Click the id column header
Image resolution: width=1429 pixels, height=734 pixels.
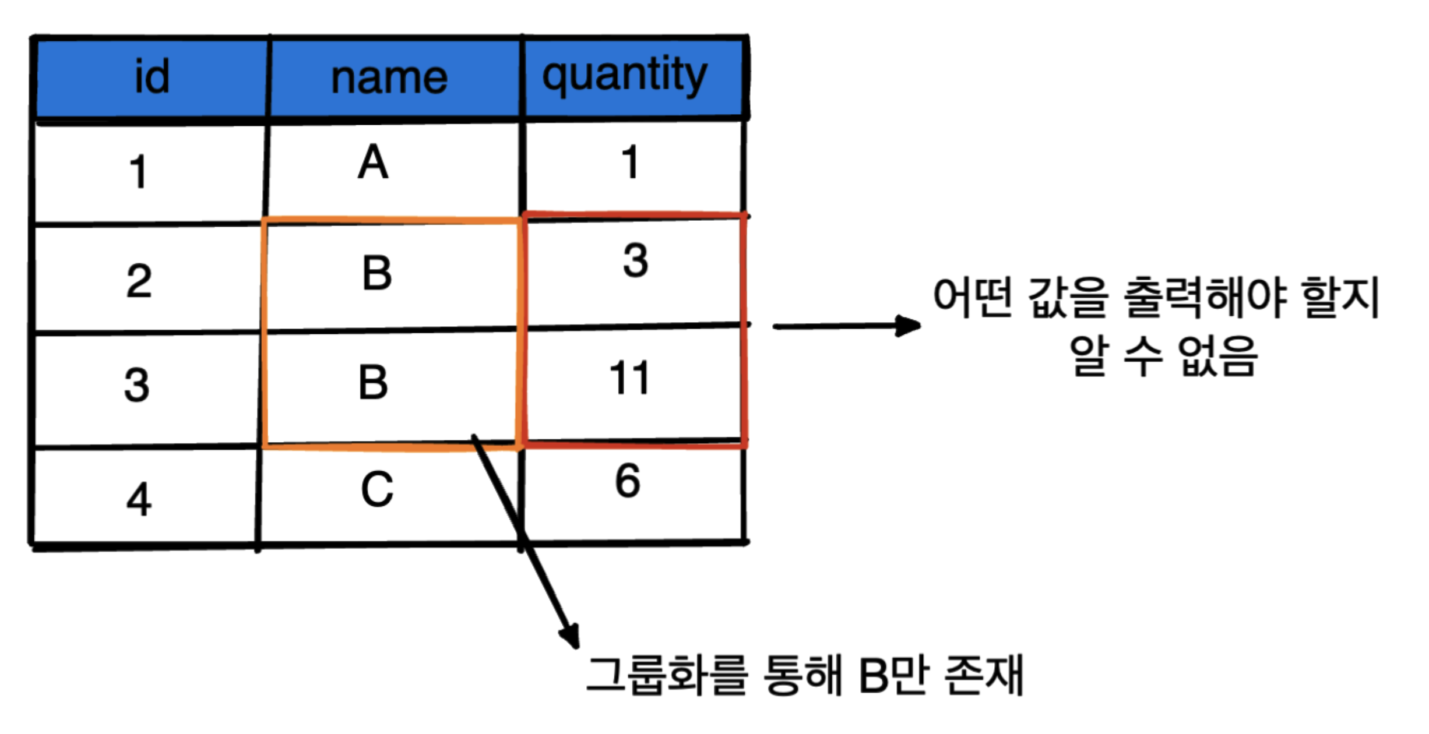coord(152,77)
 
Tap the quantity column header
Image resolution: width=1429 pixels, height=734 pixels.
coord(625,76)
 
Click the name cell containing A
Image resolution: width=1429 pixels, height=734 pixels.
coord(373,163)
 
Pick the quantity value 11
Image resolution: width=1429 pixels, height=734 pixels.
coord(629,379)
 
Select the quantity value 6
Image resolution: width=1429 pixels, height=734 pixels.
coord(628,481)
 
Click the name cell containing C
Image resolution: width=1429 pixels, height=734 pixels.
coord(376,489)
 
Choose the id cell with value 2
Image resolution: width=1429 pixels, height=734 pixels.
coord(139,281)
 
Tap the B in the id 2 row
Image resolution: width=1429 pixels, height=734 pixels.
coord(376,273)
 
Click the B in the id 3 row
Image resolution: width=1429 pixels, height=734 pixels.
coord(373,383)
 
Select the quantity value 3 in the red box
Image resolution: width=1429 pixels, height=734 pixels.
coord(635,260)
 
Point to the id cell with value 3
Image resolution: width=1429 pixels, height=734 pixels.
coord(137,385)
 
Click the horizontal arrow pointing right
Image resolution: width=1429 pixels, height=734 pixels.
coord(845,326)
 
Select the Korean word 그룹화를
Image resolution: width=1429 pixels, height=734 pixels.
coord(667,676)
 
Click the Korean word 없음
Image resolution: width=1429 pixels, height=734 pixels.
coord(1218,357)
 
